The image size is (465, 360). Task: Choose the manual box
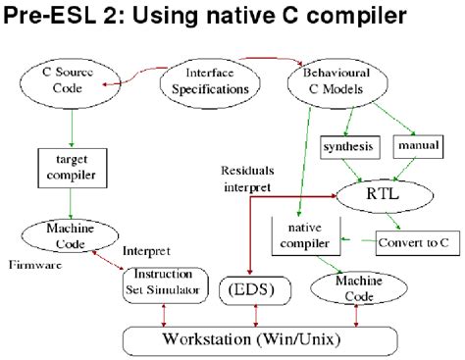(x=416, y=146)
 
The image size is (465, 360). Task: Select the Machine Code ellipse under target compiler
(x=68, y=235)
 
